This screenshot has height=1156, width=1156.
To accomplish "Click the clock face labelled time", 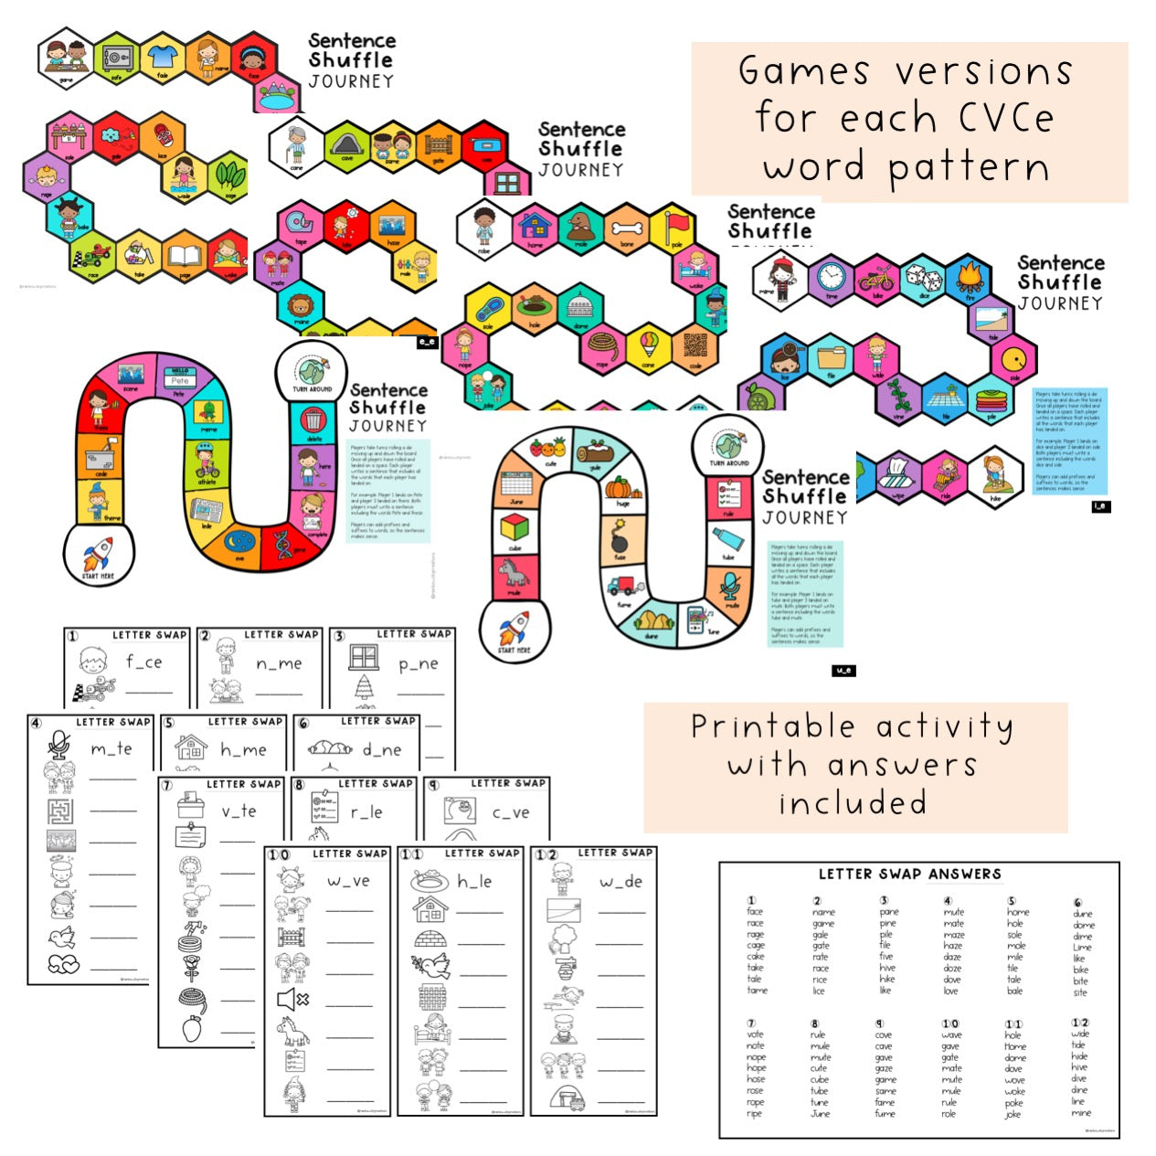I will click(x=831, y=276).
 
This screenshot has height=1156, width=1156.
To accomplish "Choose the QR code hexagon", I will click(x=695, y=345).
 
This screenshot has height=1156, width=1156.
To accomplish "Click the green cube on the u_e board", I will click(x=515, y=527).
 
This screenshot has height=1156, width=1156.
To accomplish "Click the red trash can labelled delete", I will click(x=313, y=421).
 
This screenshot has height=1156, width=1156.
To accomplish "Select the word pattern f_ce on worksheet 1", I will click(x=143, y=663).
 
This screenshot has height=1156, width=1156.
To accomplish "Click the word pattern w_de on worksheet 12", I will click(x=620, y=882).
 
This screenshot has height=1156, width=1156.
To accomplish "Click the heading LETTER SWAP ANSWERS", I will click(x=909, y=875).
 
